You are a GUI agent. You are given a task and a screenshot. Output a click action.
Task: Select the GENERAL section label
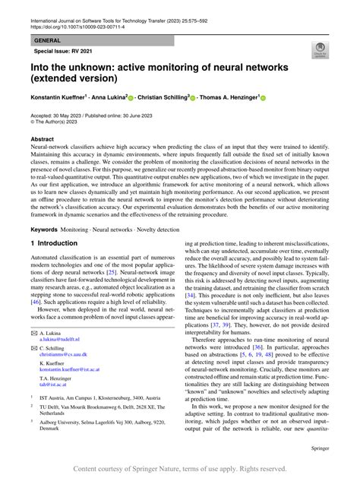[x=48, y=40]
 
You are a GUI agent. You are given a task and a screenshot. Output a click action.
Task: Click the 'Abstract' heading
[x=42, y=140]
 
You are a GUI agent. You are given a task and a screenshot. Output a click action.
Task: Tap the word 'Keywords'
[x=46, y=229]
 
